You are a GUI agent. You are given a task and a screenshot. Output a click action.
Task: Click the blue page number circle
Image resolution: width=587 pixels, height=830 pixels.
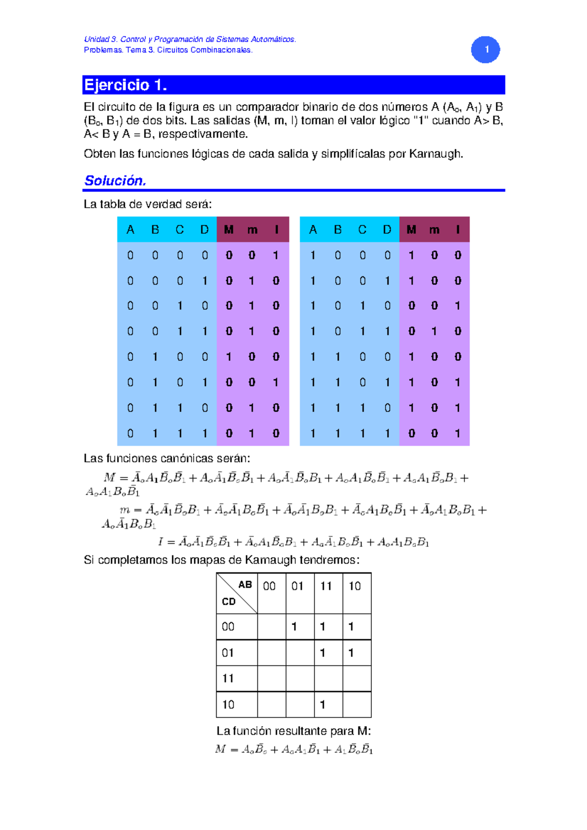(485, 49)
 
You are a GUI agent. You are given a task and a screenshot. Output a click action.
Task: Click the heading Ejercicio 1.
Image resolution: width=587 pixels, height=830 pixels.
(126, 85)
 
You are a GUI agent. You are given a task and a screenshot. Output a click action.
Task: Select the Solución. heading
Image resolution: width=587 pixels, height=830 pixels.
(115, 180)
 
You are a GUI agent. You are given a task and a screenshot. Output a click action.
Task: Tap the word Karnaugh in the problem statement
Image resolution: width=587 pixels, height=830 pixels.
(435, 154)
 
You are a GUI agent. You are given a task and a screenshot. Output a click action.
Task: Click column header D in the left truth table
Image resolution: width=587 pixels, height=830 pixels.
(204, 230)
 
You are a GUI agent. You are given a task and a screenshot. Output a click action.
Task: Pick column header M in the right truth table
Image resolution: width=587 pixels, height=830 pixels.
(411, 230)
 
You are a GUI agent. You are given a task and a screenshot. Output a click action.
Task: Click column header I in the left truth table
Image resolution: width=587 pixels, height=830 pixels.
(276, 230)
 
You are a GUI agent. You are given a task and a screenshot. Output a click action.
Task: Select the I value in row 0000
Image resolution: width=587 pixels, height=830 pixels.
(276, 255)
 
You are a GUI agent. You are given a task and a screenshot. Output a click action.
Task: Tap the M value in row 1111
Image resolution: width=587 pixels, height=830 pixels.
(411, 433)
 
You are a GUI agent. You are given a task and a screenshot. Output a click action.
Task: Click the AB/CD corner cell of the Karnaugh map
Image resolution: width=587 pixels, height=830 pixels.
(237, 593)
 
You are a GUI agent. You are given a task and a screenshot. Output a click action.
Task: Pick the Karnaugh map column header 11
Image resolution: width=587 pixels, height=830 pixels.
(326, 586)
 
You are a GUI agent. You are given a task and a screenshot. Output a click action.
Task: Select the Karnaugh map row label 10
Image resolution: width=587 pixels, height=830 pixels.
(228, 704)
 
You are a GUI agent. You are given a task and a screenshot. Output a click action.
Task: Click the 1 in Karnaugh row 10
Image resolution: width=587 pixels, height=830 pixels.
(322, 704)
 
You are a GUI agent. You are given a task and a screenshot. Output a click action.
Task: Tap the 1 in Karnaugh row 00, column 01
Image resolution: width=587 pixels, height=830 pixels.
(294, 627)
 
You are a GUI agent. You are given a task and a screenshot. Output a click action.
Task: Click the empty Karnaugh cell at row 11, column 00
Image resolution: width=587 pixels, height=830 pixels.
(271, 678)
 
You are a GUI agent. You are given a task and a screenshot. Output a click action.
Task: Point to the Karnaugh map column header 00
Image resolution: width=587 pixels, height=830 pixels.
(270, 586)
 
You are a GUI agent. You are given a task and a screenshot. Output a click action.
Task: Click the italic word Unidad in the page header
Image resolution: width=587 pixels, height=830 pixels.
(96, 39)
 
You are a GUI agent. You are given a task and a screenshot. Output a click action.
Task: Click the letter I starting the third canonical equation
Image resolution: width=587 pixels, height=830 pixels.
(160, 542)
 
